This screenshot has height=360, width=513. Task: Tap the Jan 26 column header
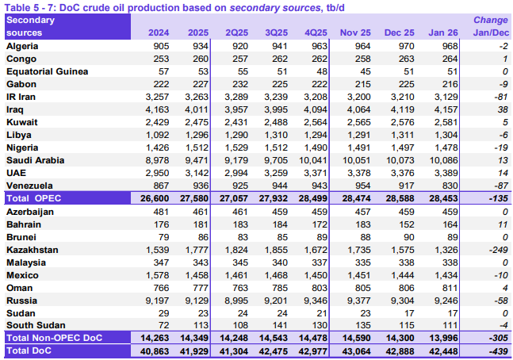442,33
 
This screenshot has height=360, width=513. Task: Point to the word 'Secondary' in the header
32,20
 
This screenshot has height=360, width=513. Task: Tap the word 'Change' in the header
491,20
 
